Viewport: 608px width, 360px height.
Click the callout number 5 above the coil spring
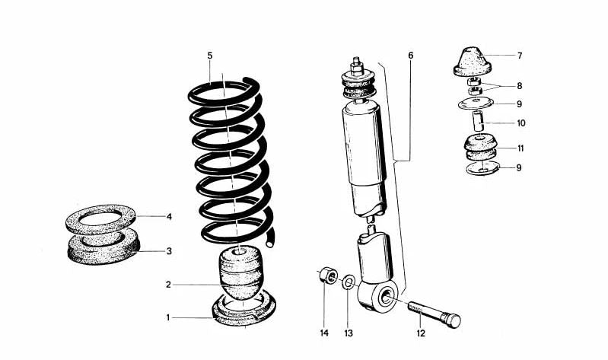(209, 56)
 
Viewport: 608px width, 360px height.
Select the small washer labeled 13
(347, 283)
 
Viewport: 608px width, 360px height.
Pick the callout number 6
(410, 56)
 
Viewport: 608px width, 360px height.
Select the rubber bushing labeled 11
(478, 145)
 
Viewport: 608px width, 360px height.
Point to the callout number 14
(323, 332)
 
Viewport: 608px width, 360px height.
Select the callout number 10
(520, 123)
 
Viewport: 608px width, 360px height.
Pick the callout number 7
(520, 56)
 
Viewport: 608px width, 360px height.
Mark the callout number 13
(349, 332)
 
